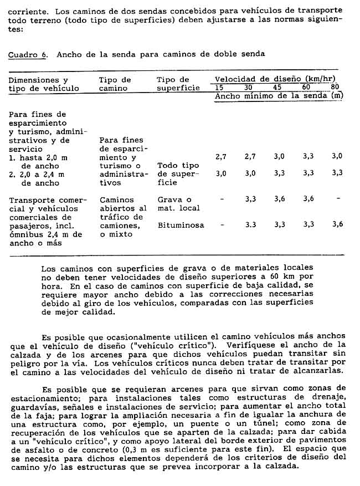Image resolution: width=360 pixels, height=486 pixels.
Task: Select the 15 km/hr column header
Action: (x=220, y=88)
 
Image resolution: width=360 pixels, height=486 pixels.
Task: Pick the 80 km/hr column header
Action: (x=335, y=88)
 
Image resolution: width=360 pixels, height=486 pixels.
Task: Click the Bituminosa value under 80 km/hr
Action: (x=337, y=224)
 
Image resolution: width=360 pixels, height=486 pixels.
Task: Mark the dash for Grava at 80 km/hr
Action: (x=337, y=198)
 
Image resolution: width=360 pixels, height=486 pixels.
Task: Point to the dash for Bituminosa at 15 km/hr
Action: (x=221, y=224)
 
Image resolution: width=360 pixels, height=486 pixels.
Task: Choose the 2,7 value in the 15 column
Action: (x=220, y=157)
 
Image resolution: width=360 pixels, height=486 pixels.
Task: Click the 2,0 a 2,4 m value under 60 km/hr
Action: (x=308, y=173)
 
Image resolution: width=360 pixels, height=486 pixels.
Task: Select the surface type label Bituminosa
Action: (x=181, y=225)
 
